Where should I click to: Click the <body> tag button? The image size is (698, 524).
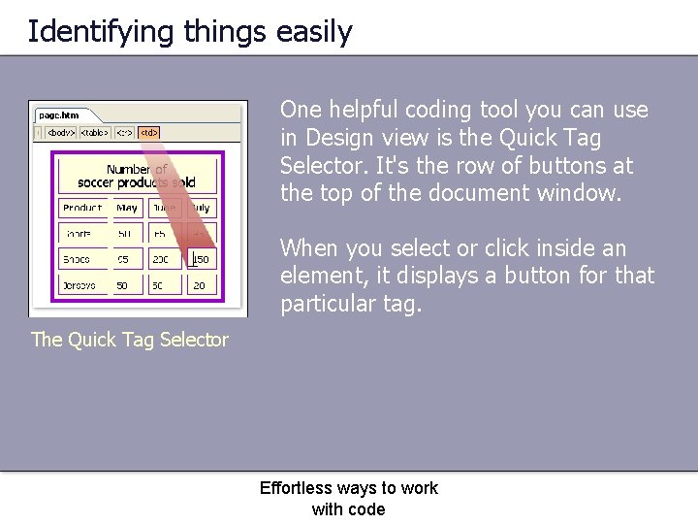[x=60, y=132]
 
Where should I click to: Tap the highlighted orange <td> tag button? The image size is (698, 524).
[x=148, y=132]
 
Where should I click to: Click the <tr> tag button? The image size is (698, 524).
[x=124, y=132]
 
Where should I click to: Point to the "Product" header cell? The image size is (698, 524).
[x=82, y=208]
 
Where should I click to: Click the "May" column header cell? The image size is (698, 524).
[x=127, y=208]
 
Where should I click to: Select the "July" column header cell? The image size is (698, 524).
[x=199, y=208]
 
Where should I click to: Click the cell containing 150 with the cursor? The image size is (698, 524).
[x=199, y=260]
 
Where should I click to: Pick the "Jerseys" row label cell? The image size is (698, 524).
[x=79, y=287]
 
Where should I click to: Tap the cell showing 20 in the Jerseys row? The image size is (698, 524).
[x=199, y=287]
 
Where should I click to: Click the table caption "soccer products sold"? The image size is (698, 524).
[x=136, y=182]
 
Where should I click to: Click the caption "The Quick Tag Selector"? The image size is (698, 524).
[x=130, y=340]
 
